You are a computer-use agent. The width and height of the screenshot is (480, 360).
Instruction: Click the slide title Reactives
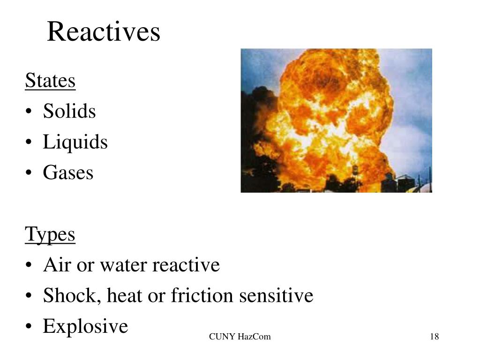click(x=104, y=32)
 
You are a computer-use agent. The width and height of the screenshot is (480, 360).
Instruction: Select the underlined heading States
click(x=50, y=81)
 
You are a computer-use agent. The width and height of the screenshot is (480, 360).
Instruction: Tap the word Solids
click(x=69, y=112)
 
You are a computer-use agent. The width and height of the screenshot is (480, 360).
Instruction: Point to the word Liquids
click(x=75, y=142)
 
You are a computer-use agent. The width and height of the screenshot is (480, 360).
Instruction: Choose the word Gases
click(x=68, y=173)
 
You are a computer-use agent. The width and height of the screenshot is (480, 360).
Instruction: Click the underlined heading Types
click(x=50, y=234)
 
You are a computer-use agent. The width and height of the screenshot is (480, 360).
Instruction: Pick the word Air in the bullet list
click(x=55, y=265)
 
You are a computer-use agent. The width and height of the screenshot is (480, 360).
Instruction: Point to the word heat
click(x=123, y=296)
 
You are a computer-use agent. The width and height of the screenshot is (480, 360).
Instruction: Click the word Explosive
click(x=85, y=326)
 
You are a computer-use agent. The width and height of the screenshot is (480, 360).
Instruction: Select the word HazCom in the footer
click(x=254, y=337)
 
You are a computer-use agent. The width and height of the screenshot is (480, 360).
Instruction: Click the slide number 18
click(x=434, y=337)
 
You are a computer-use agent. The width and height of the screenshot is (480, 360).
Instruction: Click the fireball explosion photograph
click(x=336, y=120)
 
